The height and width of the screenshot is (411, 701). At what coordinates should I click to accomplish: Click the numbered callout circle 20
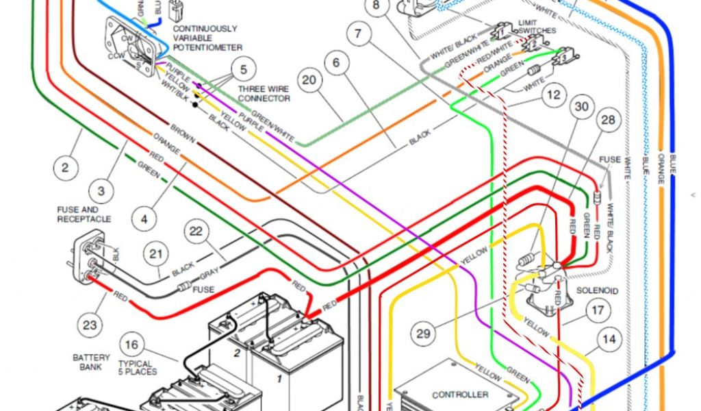point(309,80)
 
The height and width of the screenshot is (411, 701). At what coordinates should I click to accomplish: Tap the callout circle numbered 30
point(581,107)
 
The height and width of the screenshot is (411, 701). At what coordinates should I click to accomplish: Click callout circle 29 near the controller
point(424,334)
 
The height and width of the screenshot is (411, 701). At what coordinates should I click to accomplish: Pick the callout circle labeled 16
point(133,345)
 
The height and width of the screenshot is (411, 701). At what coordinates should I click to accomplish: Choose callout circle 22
point(196,232)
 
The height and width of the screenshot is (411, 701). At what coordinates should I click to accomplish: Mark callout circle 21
point(158,255)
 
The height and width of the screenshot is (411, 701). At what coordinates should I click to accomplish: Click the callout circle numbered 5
point(243,69)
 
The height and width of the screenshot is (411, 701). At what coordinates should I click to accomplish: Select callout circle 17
point(598,310)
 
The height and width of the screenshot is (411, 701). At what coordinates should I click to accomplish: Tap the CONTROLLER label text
point(460,395)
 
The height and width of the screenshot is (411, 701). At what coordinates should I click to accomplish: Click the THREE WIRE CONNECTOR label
point(264,94)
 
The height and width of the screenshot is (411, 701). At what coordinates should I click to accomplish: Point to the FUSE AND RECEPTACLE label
point(84,214)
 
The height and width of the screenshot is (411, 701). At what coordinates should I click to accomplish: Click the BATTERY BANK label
point(91,362)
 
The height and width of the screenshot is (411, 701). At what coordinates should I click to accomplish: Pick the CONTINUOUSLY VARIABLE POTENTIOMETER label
point(207,38)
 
